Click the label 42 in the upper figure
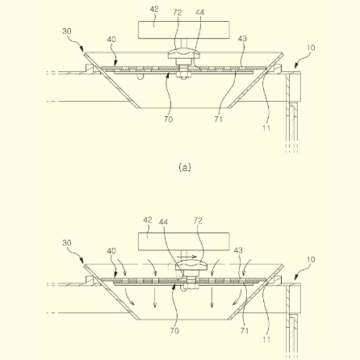[x=154, y=10]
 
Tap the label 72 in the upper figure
[x=178, y=12]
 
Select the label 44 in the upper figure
[x=200, y=12]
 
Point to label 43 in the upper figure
[x=242, y=39]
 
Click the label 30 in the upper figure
[x=67, y=31]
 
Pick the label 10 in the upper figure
[x=311, y=48]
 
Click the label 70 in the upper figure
[x=169, y=119]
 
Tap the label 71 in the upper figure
[x=219, y=119]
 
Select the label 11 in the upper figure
[x=266, y=128]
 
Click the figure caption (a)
[x=185, y=167]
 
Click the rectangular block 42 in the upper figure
[x=184, y=30]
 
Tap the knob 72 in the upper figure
[x=184, y=54]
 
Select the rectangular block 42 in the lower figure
[x=184, y=241]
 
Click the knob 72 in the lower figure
[x=191, y=266]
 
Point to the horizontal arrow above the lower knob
[x=190, y=257]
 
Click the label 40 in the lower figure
[x=111, y=251]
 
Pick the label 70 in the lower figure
[x=174, y=331]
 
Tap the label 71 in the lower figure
[x=245, y=331]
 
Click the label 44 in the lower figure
[x=163, y=222]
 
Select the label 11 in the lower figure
[x=266, y=340]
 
